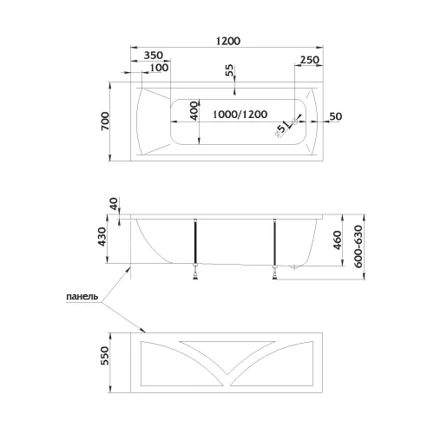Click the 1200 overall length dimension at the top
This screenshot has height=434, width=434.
[228, 41]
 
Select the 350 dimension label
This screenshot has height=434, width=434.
[154, 55]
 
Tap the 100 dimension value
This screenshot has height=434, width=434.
[159, 68]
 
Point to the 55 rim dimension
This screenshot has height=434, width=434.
[229, 70]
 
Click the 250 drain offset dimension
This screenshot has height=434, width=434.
[310, 60]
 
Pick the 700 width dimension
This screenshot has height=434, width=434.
[105, 121]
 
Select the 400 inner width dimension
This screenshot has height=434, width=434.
[194, 110]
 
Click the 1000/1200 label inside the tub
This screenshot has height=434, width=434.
[240, 115]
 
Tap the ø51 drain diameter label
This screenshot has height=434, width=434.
[281, 128]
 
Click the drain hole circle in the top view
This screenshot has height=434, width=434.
[295, 122]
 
